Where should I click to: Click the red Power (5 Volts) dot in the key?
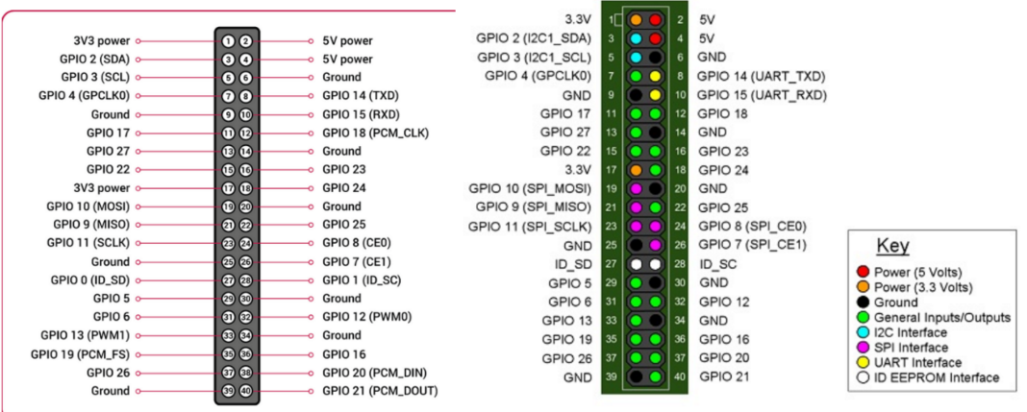click(863, 273)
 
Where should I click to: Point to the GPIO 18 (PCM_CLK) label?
click(368, 133)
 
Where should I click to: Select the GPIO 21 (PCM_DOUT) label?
click(379, 391)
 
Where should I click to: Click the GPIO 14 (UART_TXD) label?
click(761, 76)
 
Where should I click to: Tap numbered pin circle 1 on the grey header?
click(228, 41)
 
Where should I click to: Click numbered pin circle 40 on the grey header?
click(246, 391)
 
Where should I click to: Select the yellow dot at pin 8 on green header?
click(655, 76)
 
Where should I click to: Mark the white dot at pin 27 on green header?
click(636, 263)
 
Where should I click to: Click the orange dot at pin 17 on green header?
click(636, 170)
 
